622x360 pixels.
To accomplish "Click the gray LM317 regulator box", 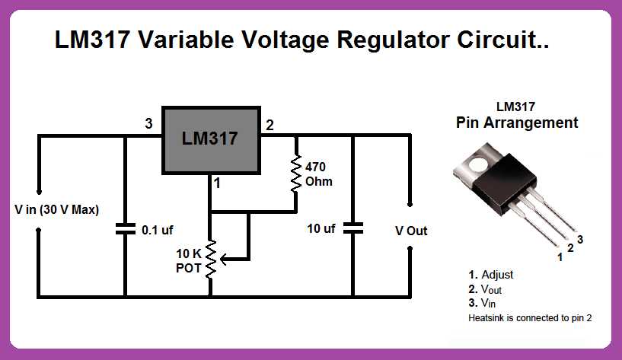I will pyautogui.click(x=209, y=139).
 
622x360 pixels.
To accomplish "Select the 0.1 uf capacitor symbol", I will pyautogui.click(x=125, y=228).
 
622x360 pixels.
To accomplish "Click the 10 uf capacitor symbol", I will pyautogui.click(x=352, y=228).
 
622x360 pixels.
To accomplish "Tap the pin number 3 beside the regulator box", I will pyautogui.click(x=149, y=124).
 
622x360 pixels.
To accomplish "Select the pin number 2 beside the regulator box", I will pyautogui.click(x=270, y=124).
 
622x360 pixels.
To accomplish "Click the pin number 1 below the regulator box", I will pyautogui.click(x=217, y=183).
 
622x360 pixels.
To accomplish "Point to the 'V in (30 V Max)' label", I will pyautogui.click(x=57, y=209).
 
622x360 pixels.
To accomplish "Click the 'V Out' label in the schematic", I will pyautogui.click(x=411, y=230).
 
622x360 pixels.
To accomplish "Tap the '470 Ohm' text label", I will pyautogui.click(x=318, y=174).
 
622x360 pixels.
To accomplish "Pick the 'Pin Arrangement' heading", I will pyautogui.click(x=517, y=123).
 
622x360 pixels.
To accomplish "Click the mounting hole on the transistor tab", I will pyautogui.click(x=479, y=162).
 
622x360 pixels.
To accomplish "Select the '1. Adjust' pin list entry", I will pyautogui.click(x=491, y=275).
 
